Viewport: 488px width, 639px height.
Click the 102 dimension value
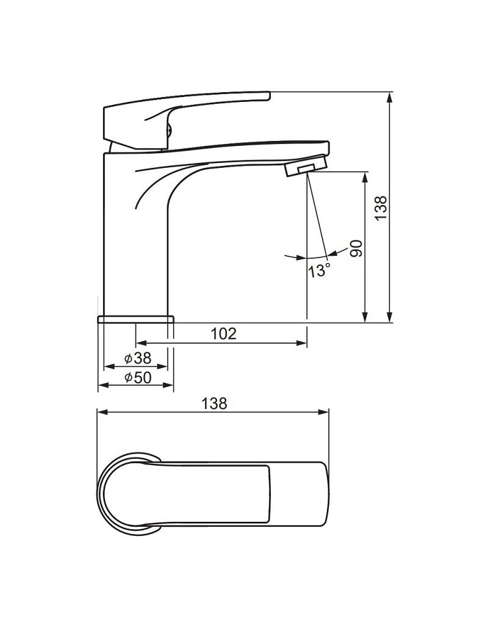[x=224, y=333]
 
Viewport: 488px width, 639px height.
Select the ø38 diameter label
[x=138, y=358]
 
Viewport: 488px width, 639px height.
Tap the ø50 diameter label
[x=138, y=378]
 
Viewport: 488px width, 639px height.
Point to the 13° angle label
[x=319, y=270]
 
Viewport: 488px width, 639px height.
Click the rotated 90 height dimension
[x=356, y=248]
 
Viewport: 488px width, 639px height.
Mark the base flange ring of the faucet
[x=136, y=319]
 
